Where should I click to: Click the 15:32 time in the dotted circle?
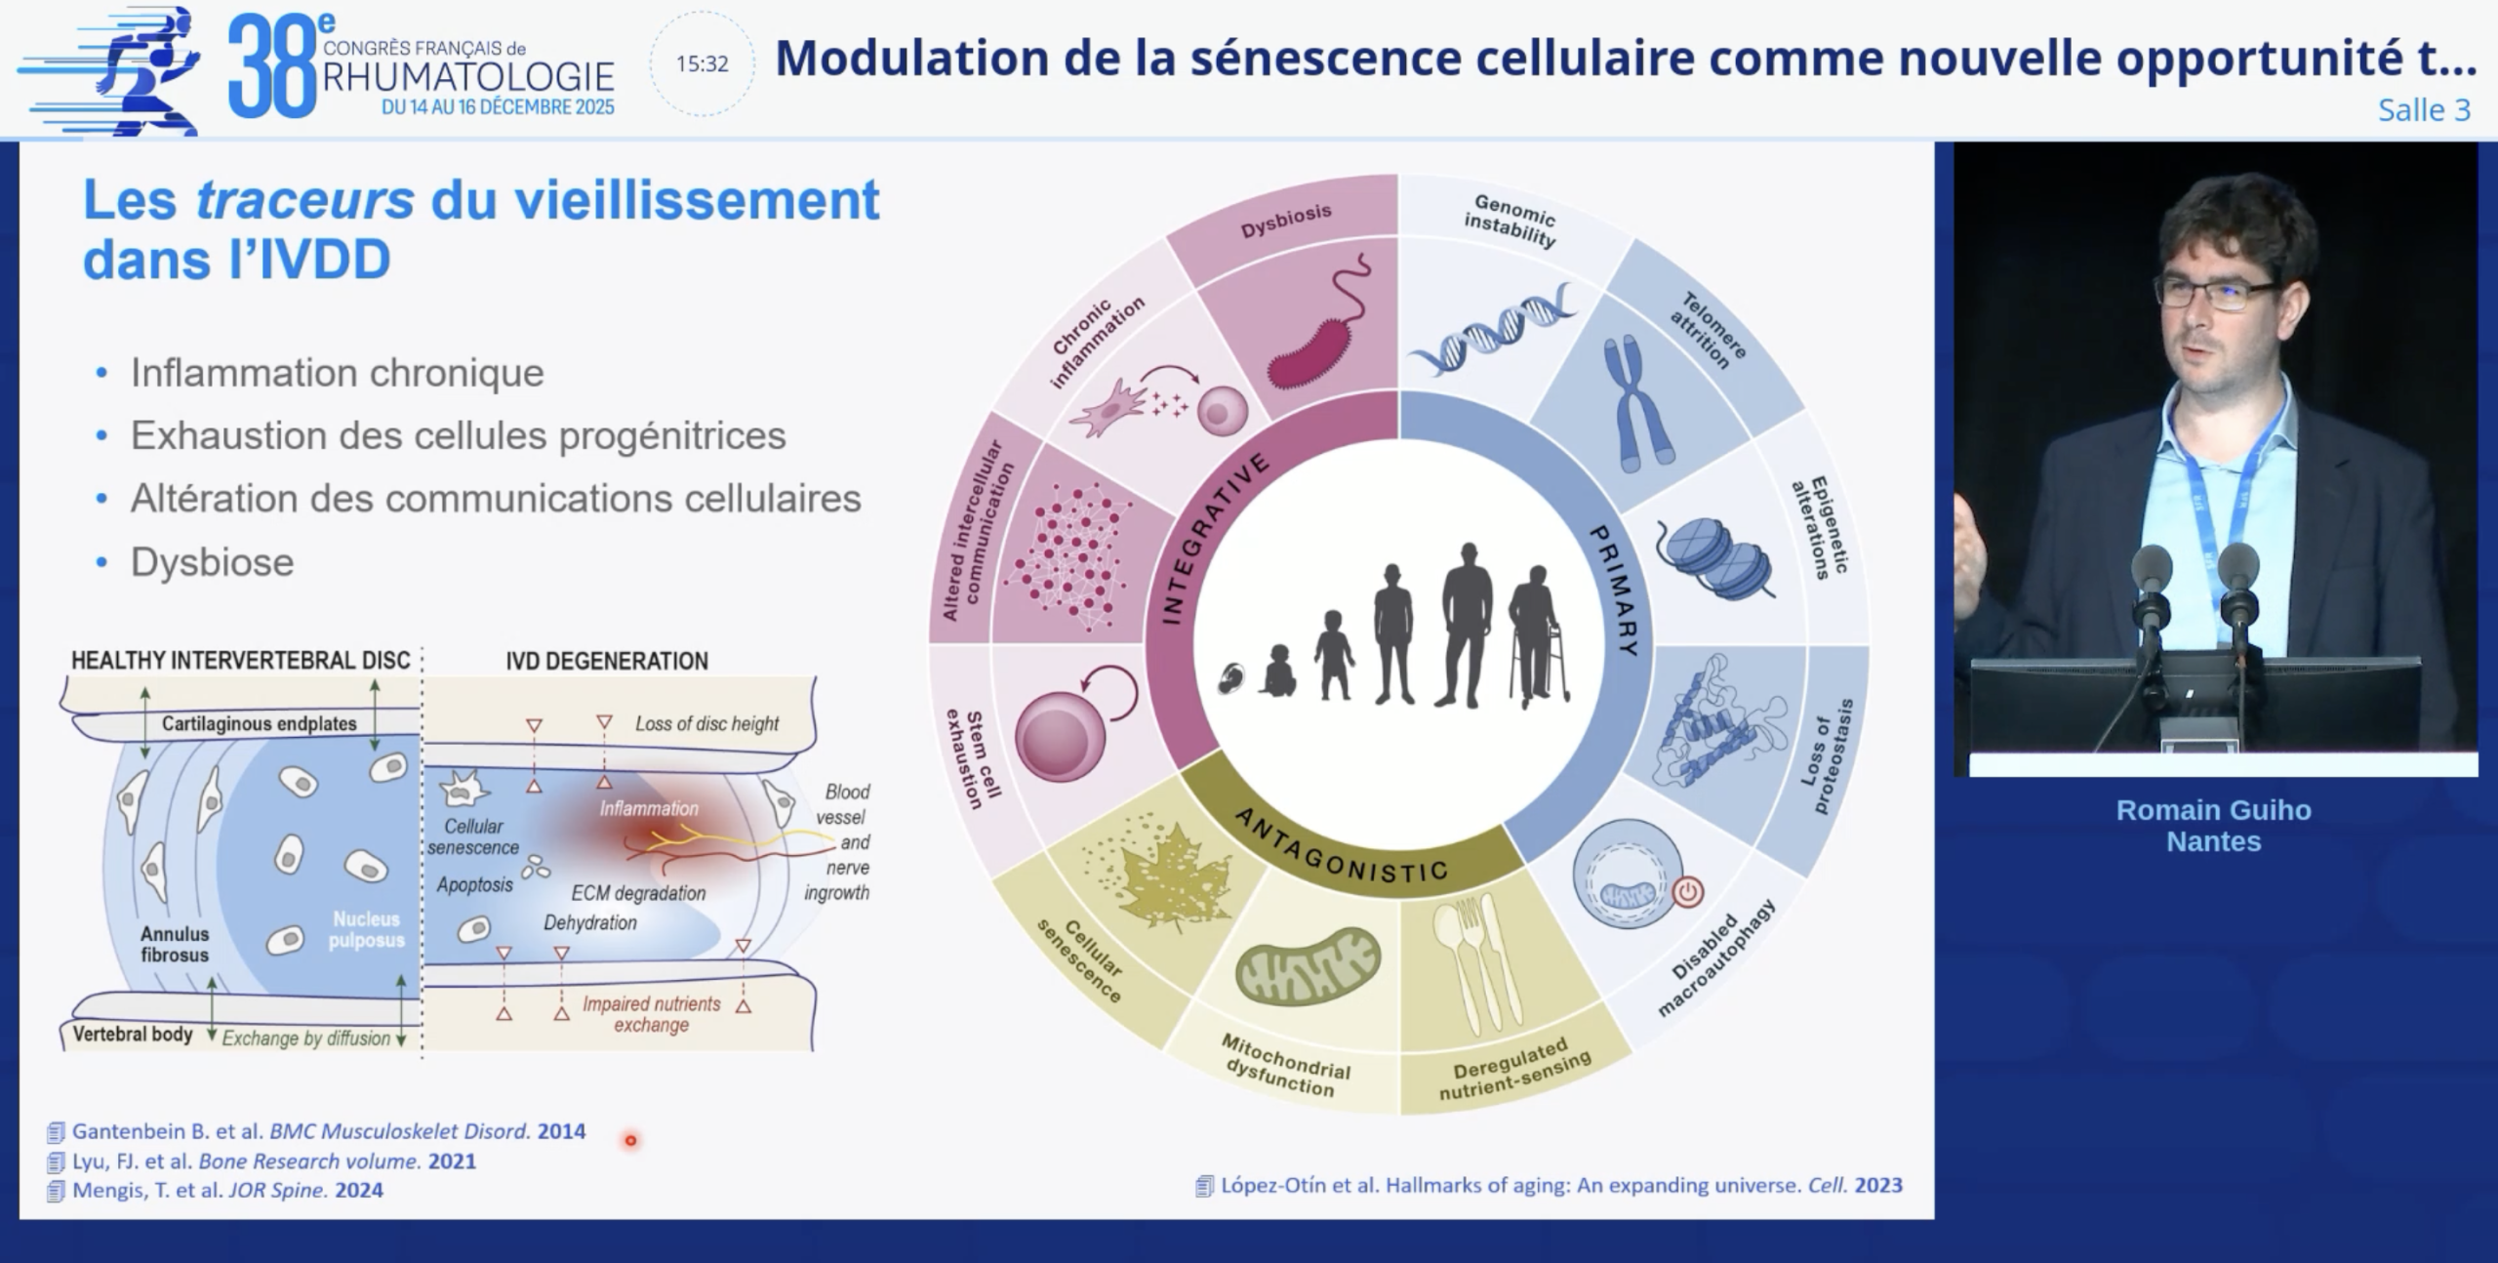[703, 64]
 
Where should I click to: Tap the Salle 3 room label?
[2424, 110]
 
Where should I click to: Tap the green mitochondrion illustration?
[1307, 965]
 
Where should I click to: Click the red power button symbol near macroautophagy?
[1687, 891]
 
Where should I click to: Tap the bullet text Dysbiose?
[212, 562]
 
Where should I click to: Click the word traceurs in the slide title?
[305, 200]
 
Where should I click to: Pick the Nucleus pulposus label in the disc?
[366, 929]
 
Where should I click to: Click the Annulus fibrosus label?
[174, 944]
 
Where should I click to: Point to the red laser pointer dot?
[630, 1140]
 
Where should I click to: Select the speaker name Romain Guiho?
[2213, 810]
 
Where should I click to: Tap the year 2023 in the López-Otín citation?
[1877, 1185]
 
